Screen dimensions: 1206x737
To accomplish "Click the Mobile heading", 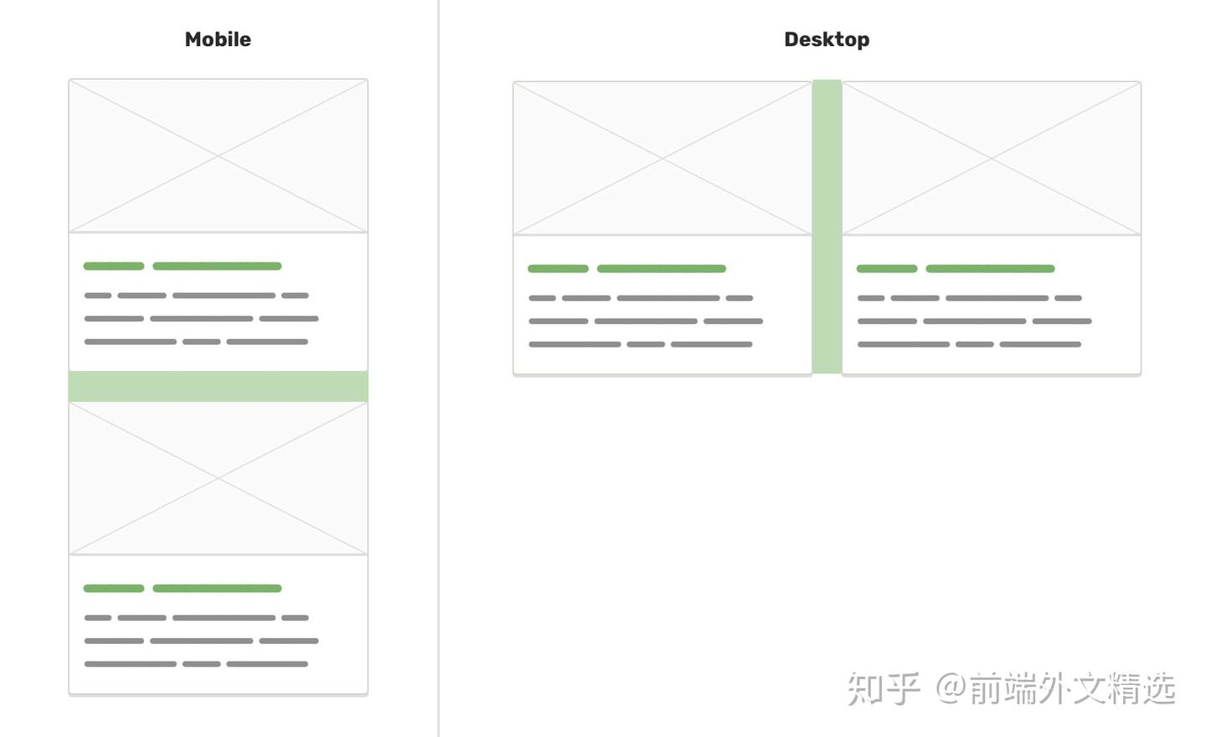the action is [218, 39].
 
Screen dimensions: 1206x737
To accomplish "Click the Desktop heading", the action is [827, 39].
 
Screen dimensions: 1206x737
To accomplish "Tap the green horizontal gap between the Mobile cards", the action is [218, 386].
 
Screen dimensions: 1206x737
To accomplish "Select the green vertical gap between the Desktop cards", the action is [827, 226].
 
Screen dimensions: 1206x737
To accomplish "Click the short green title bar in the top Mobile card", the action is [114, 266].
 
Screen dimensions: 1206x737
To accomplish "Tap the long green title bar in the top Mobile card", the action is [217, 266].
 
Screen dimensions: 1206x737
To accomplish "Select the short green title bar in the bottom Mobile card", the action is [114, 589].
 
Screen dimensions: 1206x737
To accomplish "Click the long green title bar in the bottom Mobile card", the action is [217, 589].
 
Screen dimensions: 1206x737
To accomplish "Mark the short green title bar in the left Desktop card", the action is [558, 269].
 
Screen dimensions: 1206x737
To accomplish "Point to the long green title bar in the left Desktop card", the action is [662, 269].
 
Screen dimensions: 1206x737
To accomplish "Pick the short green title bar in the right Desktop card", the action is [887, 269].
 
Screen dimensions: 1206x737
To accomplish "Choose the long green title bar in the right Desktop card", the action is [990, 269].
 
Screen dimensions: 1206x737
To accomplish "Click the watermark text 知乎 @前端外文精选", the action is [1011, 688].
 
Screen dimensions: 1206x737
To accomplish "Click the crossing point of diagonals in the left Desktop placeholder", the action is [662, 157].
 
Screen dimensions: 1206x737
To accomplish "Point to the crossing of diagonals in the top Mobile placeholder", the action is [218, 156].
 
